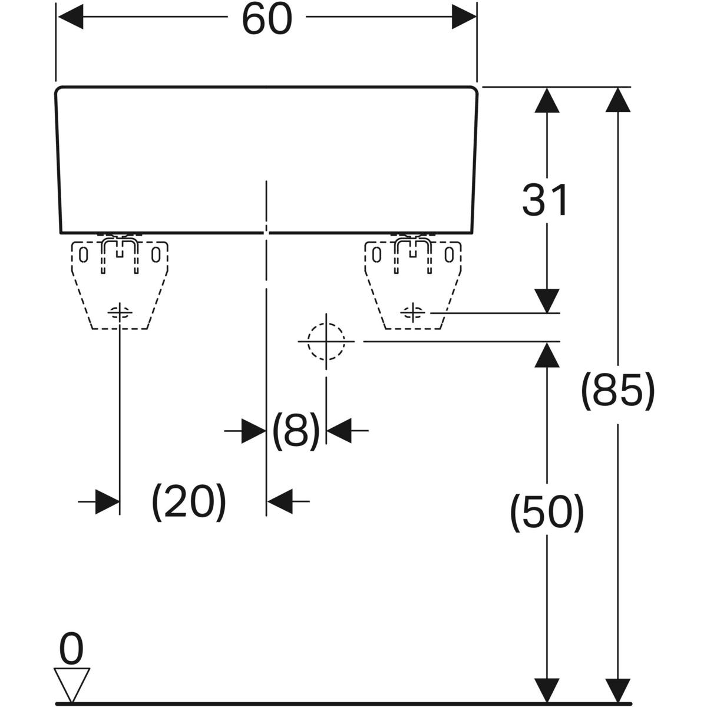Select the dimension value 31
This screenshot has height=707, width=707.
tap(545, 200)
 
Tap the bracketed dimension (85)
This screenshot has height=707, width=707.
tap(617, 391)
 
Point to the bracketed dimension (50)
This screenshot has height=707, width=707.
tap(547, 512)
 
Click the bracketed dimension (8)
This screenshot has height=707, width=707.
tap(296, 430)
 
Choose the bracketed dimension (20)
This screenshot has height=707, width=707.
tap(189, 501)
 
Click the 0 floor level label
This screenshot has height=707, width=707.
tap(72, 650)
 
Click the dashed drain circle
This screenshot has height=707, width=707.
tap(326, 341)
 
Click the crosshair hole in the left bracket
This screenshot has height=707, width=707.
tap(120, 312)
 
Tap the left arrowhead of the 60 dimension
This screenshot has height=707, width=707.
tap(70, 18)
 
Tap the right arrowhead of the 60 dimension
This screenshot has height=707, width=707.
tap(464, 18)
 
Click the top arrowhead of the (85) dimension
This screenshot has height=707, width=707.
tap(617, 100)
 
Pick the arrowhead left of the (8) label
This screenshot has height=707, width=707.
tap(254, 431)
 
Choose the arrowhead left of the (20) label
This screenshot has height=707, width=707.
tap(107, 501)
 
